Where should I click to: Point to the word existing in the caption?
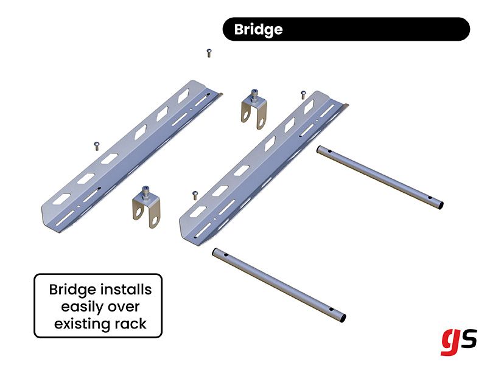click(82, 324)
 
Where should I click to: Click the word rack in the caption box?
click(129, 324)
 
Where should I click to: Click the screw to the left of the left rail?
click(96, 144)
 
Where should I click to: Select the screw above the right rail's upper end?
click(302, 94)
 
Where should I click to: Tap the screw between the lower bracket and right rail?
click(194, 195)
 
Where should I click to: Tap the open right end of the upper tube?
click(440, 205)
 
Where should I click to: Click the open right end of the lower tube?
click(343, 318)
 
